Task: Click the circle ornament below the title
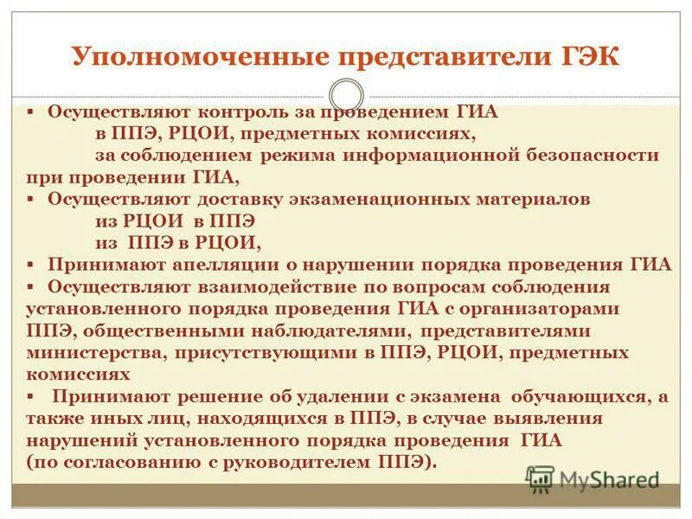pyautogui.click(x=346, y=95)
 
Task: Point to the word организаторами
pyautogui.click(x=542, y=308)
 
